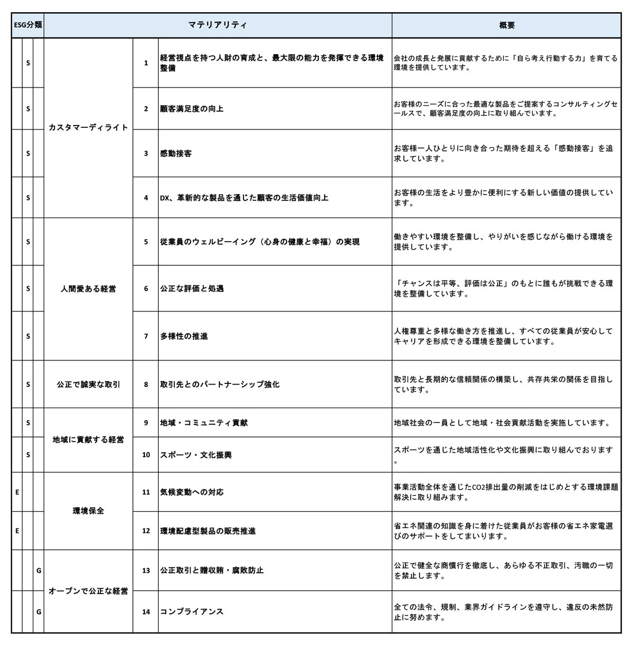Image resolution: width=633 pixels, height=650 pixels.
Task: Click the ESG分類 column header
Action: [28, 25]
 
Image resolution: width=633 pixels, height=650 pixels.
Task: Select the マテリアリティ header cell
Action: [218, 25]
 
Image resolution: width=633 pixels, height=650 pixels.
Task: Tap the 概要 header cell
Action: [506, 25]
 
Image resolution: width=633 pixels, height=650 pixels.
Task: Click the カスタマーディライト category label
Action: [88, 127]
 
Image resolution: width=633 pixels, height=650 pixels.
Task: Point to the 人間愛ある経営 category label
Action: [88, 288]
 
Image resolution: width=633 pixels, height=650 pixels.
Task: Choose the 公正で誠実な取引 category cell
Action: [88, 384]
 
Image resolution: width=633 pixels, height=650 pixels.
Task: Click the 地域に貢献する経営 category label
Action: [88, 440]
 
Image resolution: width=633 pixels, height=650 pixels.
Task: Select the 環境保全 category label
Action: [88, 511]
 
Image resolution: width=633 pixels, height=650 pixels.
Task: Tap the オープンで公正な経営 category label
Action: [88, 591]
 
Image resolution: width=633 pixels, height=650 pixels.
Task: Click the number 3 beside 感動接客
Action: [146, 153]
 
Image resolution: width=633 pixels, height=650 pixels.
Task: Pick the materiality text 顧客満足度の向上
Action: [192, 108]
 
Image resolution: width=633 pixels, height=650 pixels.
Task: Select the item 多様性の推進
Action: [184, 336]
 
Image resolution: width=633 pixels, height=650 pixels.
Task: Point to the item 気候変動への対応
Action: [192, 492]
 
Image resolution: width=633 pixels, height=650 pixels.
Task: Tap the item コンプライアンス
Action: [192, 611]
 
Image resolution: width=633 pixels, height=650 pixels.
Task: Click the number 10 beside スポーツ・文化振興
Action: [146, 455]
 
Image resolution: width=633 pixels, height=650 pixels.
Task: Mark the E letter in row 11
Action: [17, 492]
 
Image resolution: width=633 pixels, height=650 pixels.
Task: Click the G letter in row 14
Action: [39, 611]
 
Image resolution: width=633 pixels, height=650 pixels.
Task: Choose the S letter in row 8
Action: [28, 384]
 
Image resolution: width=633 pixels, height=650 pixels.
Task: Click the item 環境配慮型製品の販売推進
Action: [208, 530]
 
